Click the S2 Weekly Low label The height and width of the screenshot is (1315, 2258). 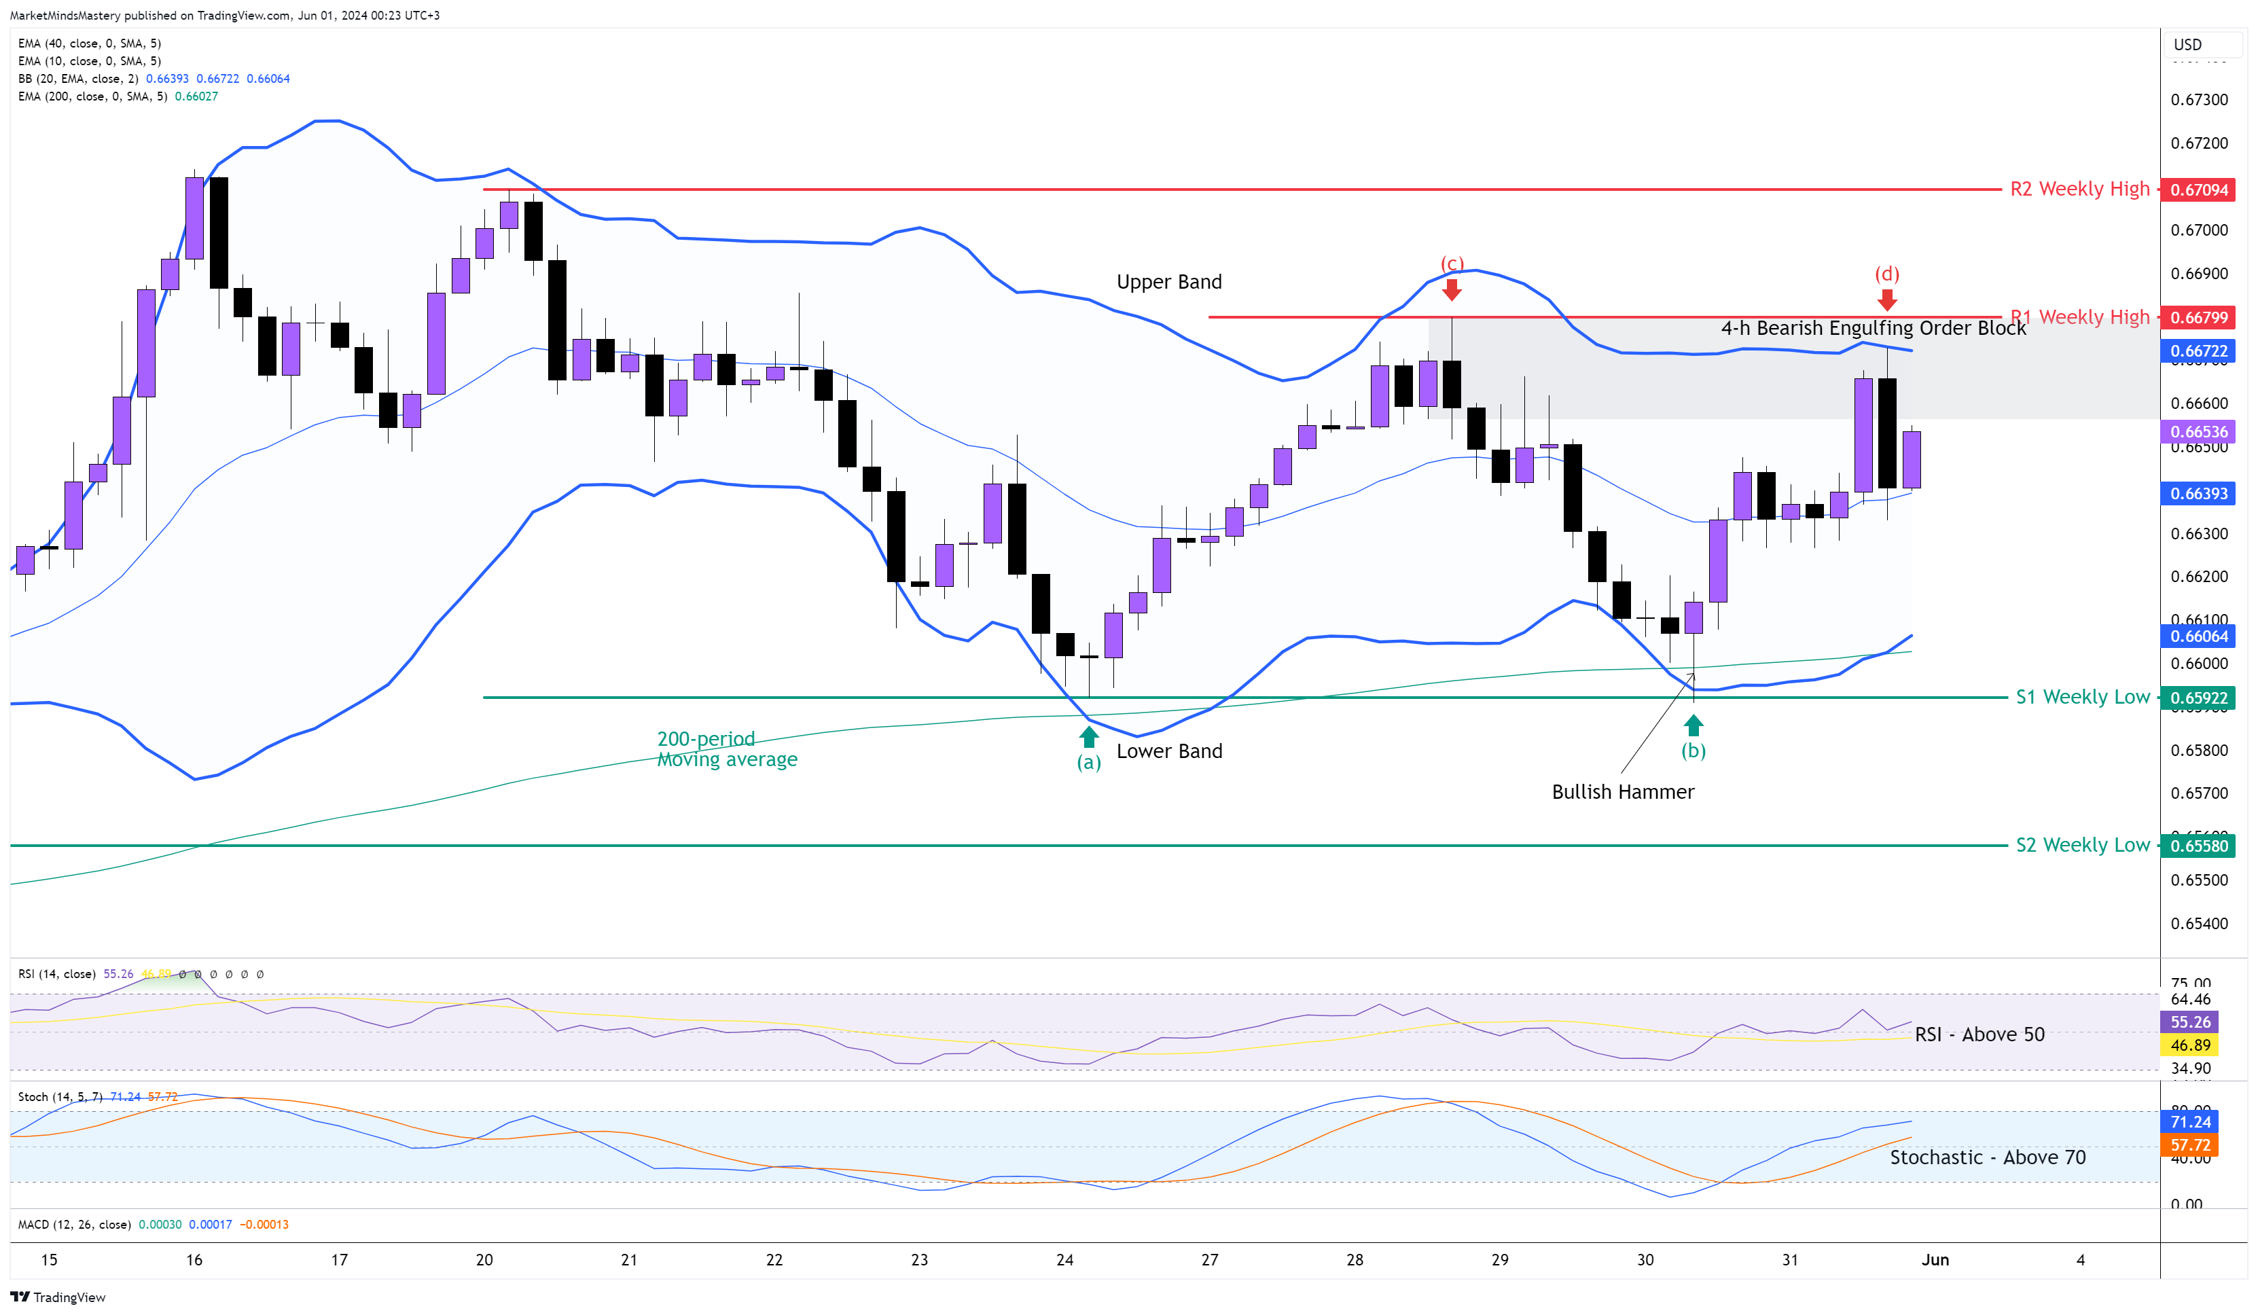pyautogui.click(x=2081, y=845)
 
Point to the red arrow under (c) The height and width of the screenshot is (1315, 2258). pyautogui.click(x=1452, y=289)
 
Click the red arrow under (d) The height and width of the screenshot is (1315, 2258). pyautogui.click(x=1886, y=299)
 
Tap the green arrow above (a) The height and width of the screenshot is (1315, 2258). pyautogui.click(x=1089, y=736)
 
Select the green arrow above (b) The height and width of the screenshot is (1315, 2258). pyautogui.click(x=1693, y=725)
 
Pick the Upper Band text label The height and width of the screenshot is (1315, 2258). pyautogui.click(x=1168, y=282)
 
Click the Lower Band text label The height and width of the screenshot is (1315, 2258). pyautogui.click(x=1168, y=751)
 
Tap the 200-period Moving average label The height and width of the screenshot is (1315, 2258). pyautogui.click(x=727, y=749)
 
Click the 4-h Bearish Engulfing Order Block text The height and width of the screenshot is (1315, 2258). pyautogui.click(x=1873, y=328)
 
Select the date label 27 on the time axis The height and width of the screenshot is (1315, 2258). pyautogui.click(x=1210, y=1259)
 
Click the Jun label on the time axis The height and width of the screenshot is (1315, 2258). pyautogui.click(x=1935, y=1259)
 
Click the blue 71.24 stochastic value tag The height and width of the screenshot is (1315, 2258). pyautogui.click(x=2190, y=1121)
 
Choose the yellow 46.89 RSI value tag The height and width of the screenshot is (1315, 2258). pyautogui.click(x=2190, y=1045)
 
